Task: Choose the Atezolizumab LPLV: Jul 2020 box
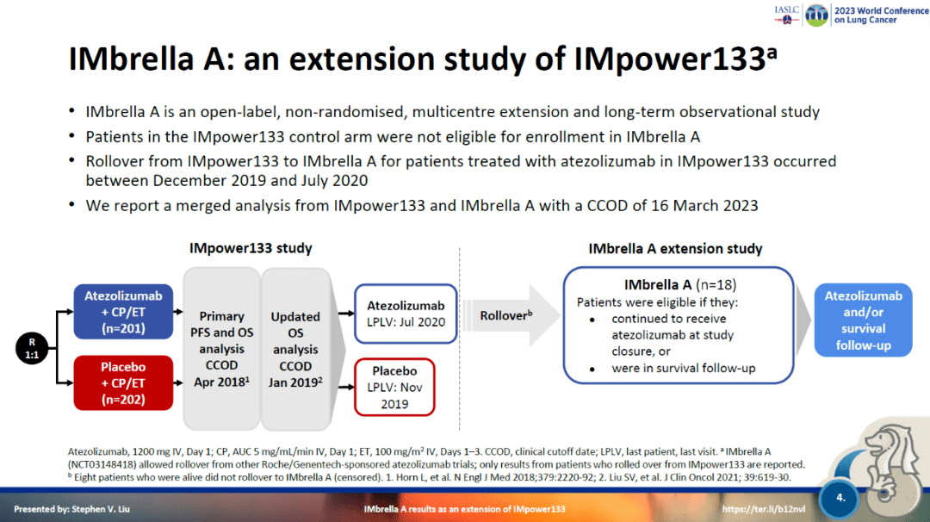point(406,314)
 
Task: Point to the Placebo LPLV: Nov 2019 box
point(394,388)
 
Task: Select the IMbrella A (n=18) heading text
point(679,285)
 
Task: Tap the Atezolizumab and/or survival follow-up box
point(863,320)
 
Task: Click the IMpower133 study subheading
point(251,248)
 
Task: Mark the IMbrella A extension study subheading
point(675,248)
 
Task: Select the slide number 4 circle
point(841,497)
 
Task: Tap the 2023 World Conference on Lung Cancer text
point(865,16)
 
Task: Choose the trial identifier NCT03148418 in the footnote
point(106,463)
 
